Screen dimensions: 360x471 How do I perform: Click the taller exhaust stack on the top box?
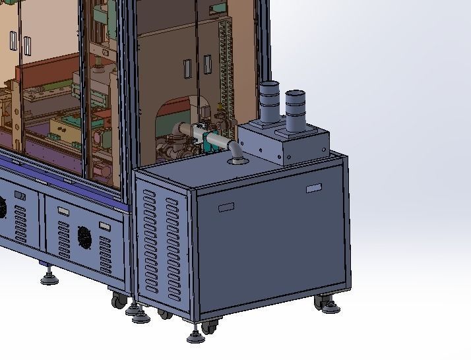click(269, 102)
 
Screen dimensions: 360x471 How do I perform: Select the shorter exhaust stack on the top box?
click(296, 109)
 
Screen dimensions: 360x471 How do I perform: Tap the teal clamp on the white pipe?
click(209, 140)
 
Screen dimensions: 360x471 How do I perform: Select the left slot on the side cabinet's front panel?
click(226, 207)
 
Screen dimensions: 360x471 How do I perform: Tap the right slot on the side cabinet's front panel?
click(314, 189)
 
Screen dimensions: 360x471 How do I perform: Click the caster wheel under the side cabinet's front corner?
click(209, 326)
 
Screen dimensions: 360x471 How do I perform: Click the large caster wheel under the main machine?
click(119, 301)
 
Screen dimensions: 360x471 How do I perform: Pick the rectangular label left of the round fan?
click(63, 212)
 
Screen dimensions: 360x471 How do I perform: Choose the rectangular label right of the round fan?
click(104, 225)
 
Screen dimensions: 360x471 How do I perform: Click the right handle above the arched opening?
click(207, 64)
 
